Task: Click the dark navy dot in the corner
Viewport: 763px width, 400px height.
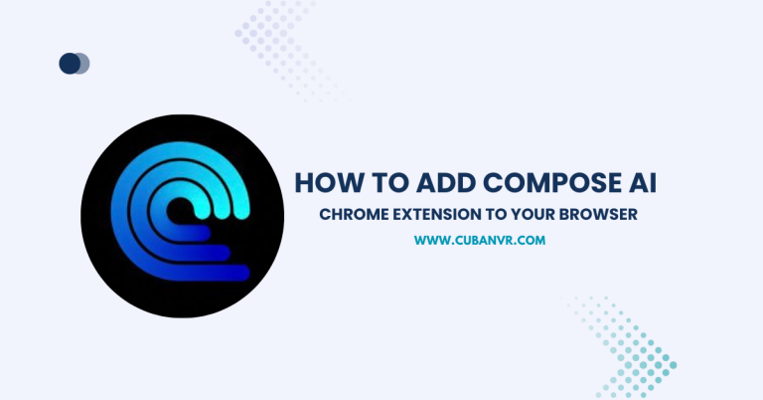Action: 70,64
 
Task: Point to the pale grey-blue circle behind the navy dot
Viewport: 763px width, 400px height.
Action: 83,64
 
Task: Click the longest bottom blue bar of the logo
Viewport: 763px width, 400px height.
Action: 199,271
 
